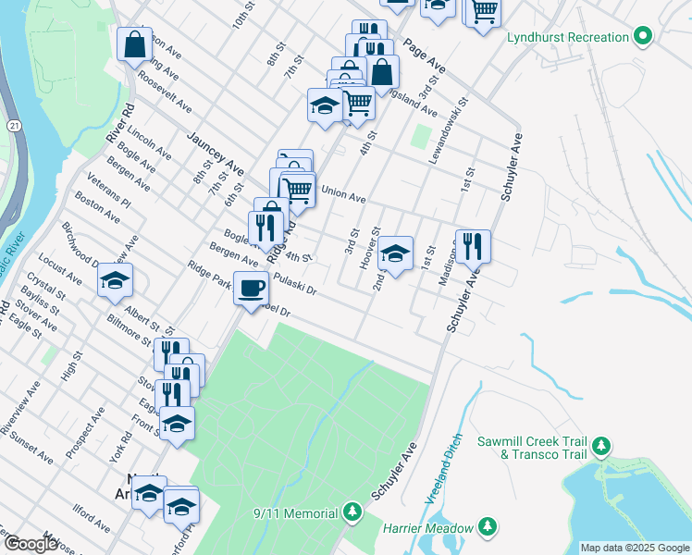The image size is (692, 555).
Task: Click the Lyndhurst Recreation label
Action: pos(568,37)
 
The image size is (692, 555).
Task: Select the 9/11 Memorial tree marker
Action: pos(352,511)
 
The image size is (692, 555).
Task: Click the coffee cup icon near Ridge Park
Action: pos(251,288)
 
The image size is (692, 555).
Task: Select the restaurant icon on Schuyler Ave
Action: pos(473,245)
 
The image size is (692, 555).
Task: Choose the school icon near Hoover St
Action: pos(395,253)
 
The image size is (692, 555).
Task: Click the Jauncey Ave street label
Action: pos(215,154)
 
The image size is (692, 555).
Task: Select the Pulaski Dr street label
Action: pos(294,282)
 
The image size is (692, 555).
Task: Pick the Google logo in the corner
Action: pos(31,545)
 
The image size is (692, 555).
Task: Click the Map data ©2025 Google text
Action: pos(634,548)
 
